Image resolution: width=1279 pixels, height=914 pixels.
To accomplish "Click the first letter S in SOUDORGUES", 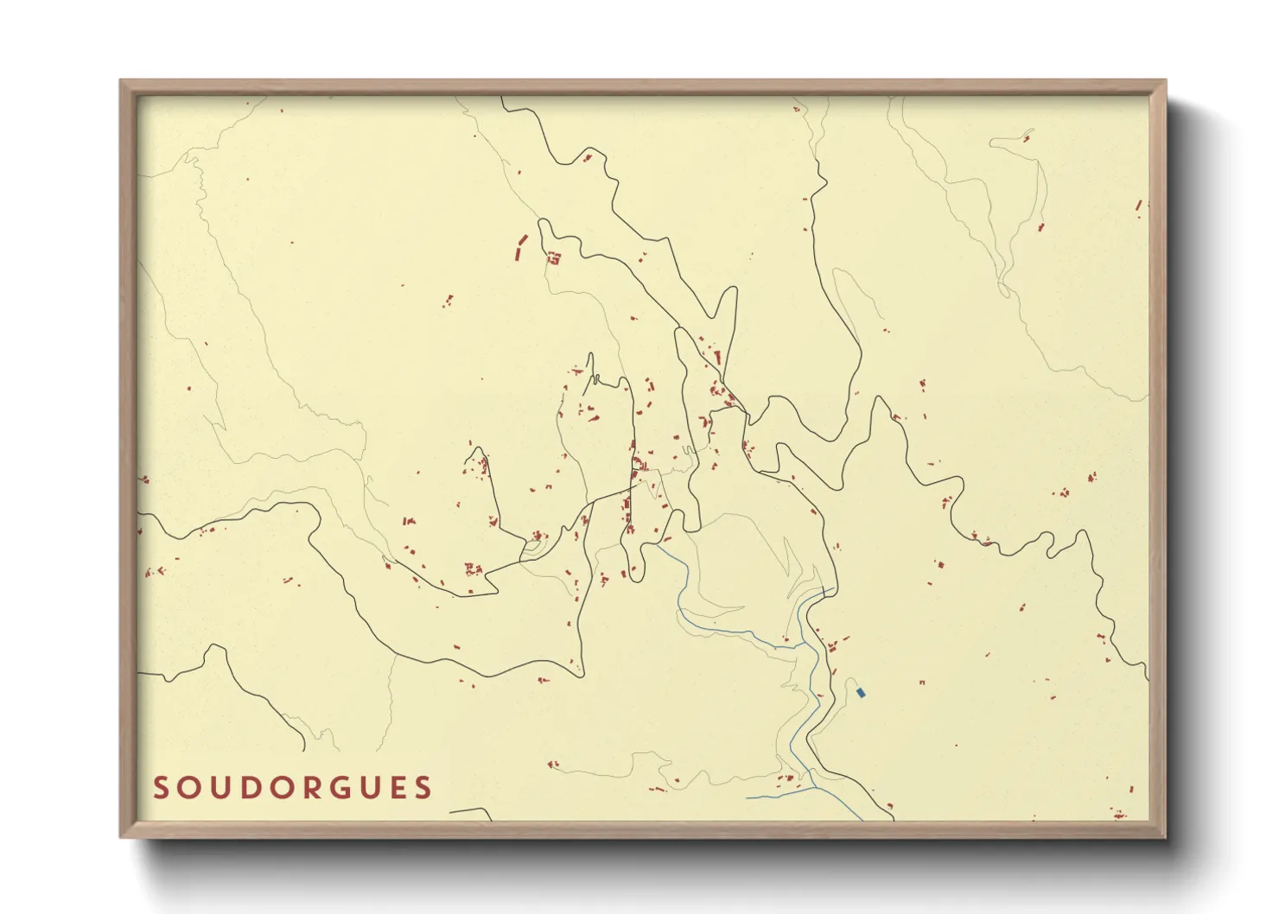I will click(x=162, y=788).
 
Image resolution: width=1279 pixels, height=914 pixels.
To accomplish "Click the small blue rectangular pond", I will click(x=860, y=693).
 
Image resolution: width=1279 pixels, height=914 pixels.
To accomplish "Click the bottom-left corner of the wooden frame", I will click(x=122, y=835).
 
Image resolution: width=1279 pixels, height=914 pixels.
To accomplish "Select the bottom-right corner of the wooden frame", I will click(x=1164, y=835).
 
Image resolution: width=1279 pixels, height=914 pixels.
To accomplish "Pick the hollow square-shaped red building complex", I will click(x=554, y=257).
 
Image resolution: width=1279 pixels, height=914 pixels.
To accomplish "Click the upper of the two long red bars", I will click(x=523, y=239).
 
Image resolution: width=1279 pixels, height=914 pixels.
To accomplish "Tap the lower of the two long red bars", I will click(x=517, y=255).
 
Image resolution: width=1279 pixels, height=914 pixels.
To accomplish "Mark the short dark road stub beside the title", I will click(x=471, y=812).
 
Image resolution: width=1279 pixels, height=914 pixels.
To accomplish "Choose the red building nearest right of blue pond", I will click(x=922, y=682).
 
